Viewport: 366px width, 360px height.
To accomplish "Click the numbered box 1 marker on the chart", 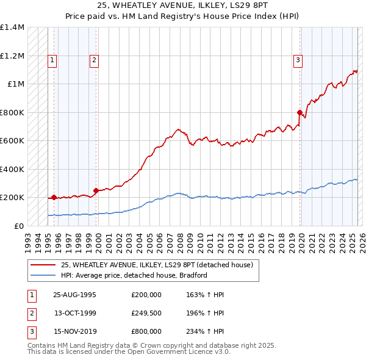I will [x=52, y=60].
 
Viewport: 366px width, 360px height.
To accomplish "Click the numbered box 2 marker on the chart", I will [x=95, y=60].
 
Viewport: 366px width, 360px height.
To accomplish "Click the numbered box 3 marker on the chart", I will [x=298, y=60].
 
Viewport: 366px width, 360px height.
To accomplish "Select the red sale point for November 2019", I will [x=300, y=112].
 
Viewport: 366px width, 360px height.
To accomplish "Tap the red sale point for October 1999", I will [x=96, y=190].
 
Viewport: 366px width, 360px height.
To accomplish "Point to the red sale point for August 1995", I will [x=54, y=197].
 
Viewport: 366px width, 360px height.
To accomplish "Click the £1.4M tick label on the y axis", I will [x=12, y=27].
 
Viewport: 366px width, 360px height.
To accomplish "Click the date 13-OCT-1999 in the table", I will [x=75, y=313].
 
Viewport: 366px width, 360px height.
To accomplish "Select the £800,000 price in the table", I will [x=146, y=331].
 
